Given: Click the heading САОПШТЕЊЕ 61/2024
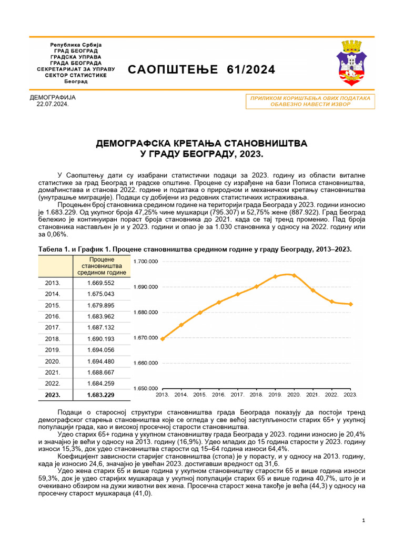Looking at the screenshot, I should point(201,70).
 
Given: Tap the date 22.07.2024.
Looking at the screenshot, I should point(52,105).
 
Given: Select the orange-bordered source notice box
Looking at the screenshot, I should point(310,101).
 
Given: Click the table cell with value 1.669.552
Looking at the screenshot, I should point(100,283).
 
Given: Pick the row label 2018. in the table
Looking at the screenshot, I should point(52,339).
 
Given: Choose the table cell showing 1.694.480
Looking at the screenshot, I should point(100,361).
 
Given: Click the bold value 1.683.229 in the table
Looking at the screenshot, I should point(100,395).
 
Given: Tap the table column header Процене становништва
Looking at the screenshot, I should point(102,266).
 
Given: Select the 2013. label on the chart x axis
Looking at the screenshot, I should point(163,394).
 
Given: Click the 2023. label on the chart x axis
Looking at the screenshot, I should point(351,394).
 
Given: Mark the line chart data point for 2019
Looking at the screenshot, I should point(275,276).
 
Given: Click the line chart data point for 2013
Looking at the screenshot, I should point(163,339).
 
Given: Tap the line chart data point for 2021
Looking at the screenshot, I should point(313,290).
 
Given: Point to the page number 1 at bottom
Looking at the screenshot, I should point(363,520).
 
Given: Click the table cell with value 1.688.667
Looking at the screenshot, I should point(100,373).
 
